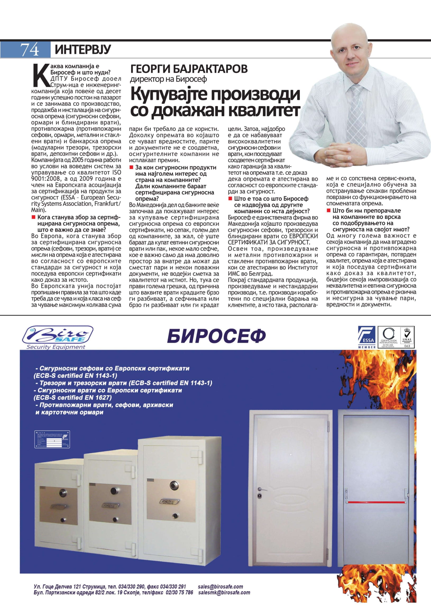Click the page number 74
click(x=29, y=50)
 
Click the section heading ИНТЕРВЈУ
click(x=83, y=50)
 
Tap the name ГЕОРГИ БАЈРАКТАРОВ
click(x=189, y=69)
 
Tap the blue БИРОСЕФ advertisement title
click(x=216, y=336)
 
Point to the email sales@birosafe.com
click(x=220, y=584)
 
